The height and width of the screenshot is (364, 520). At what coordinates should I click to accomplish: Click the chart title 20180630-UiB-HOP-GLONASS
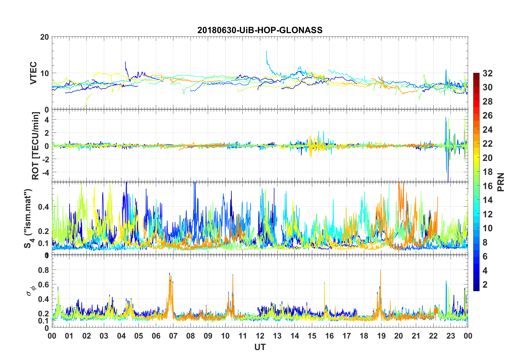pyautogui.click(x=260, y=30)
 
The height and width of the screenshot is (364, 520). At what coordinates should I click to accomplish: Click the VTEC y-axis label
pyautogui.click(x=33, y=73)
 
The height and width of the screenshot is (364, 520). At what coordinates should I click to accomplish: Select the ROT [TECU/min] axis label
pyautogui.click(x=36, y=146)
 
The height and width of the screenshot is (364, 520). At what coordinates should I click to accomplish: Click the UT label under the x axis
pyautogui.click(x=260, y=347)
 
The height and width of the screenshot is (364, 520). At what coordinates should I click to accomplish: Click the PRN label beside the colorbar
pyautogui.click(x=500, y=182)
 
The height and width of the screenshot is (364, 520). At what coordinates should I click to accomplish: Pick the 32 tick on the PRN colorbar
pyautogui.click(x=487, y=73)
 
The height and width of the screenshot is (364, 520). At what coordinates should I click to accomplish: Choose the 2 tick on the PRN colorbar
pyautogui.click(x=485, y=285)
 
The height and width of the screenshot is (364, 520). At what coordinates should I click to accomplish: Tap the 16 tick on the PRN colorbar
pyautogui.click(x=487, y=186)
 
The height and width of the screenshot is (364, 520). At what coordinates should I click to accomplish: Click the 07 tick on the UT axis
pyautogui.click(x=173, y=336)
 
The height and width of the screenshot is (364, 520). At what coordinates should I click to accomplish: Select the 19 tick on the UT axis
pyautogui.click(x=381, y=336)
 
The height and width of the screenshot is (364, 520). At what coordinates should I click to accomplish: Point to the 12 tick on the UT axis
pyautogui.click(x=260, y=336)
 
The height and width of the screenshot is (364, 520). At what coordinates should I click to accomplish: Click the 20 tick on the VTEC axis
pyautogui.click(x=45, y=37)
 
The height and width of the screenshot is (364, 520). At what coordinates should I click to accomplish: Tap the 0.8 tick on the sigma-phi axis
pyautogui.click(x=44, y=270)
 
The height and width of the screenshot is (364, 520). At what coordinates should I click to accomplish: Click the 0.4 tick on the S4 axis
pyautogui.click(x=44, y=207)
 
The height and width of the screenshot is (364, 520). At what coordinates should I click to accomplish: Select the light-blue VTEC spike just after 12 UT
pyautogui.click(x=266, y=51)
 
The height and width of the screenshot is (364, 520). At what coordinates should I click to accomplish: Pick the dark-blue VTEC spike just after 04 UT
pyautogui.click(x=125, y=62)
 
